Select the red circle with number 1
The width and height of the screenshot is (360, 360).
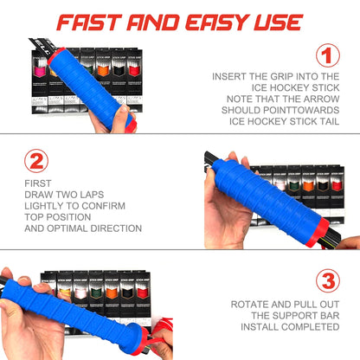(326, 56)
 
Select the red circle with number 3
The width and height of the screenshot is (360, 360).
(326, 280)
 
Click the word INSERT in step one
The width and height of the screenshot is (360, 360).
(232, 77)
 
